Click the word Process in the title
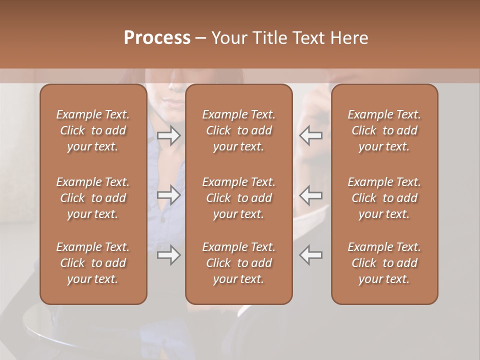coord(157,38)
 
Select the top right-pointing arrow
coord(168,135)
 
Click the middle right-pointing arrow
coord(168,195)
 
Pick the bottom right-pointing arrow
coord(168,255)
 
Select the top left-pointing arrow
coord(311,135)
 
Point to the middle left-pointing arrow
coord(311,195)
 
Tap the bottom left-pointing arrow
coord(311,255)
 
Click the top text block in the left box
coord(93,130)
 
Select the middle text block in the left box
coord(93,198)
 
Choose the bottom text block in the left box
coord(93,263)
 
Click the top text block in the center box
coord(238,130)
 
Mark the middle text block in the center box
coord(238,198)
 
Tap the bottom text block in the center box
coord(238,263)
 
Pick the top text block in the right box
coord(384,130)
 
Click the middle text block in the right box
coord(384,198)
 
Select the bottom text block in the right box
coord(384,263)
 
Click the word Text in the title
coord(307,38)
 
